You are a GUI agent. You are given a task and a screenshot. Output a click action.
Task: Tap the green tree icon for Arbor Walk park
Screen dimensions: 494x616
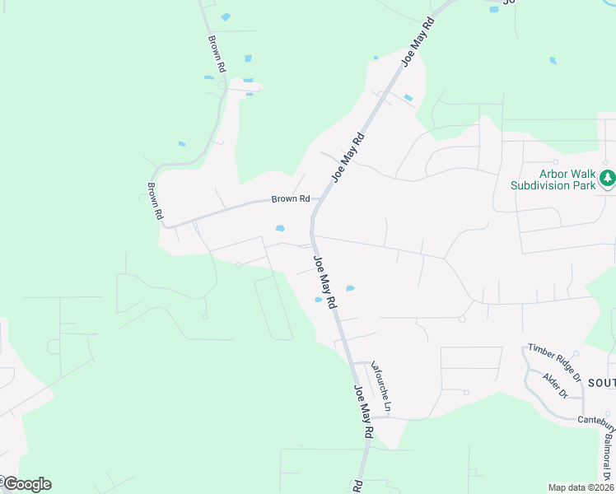[607, 178]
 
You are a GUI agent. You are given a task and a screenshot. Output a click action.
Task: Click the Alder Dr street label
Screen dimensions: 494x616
[556, 385]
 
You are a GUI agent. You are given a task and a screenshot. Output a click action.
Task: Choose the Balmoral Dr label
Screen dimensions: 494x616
[606, 452]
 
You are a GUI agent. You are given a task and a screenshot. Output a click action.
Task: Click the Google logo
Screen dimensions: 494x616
[26, 484]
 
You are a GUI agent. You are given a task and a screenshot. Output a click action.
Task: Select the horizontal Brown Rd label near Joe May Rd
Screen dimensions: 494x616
[291, 199]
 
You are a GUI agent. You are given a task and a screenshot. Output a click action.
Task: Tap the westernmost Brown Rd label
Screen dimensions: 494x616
[155, 201]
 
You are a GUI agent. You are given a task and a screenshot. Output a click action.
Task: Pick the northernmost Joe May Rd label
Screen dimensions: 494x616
[418, 44]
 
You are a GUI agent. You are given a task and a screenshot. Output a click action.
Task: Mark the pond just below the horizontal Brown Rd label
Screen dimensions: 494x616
[280, 228]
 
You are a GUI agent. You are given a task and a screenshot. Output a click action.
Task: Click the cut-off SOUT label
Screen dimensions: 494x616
[602, 383]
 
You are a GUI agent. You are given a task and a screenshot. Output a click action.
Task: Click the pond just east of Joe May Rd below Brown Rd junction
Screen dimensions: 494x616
[350, 288]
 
